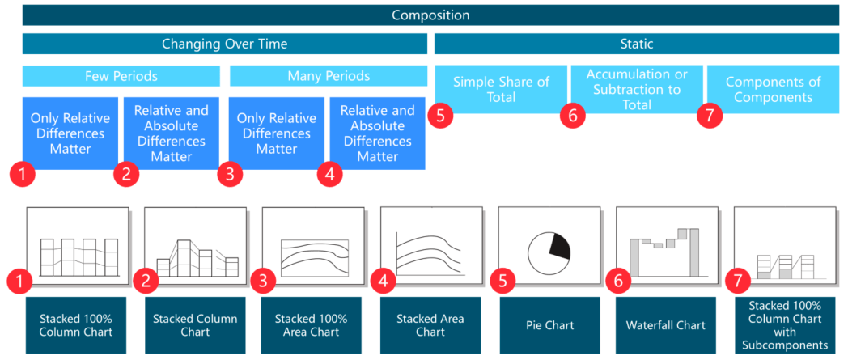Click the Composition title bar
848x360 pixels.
point(430,15)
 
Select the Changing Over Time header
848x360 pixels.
point(224,44)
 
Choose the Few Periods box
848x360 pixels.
point(121,76)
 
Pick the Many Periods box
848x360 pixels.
point(329,76)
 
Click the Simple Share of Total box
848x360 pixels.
point(501,89)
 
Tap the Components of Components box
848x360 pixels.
point(773,89)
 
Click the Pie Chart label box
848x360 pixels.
point(549,325)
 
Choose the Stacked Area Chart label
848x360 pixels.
point(430,325)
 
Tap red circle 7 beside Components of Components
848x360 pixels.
point(710,115)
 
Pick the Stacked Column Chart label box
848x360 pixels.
point(195,325)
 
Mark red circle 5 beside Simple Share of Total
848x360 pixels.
point(440,115)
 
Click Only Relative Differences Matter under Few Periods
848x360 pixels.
point(70,133)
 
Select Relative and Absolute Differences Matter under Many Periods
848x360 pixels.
point(377,133)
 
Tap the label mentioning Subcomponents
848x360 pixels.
point(785,325)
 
